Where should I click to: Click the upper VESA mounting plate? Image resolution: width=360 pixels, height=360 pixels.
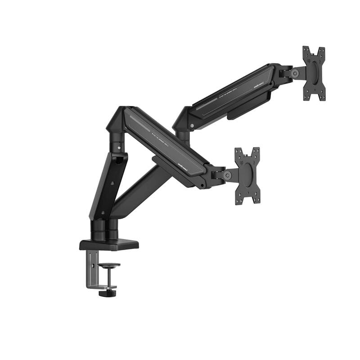pos(314,73)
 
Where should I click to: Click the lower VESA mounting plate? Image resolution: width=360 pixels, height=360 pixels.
pos(247,175)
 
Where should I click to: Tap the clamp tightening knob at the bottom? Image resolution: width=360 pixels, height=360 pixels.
pos(107,293)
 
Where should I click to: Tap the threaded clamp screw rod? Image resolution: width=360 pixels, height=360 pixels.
pos(108,277)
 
